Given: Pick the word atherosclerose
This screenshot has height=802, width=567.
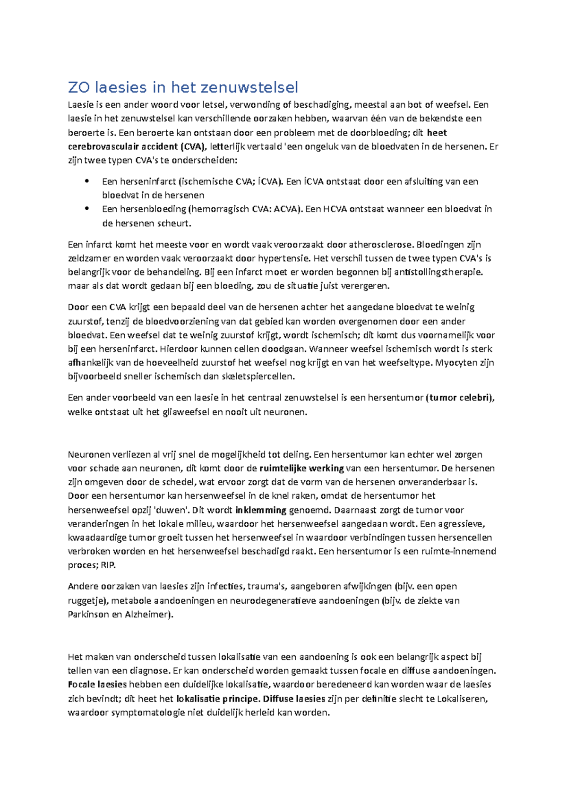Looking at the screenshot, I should tap(381, 245).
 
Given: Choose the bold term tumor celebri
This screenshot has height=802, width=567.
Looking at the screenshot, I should tap(460, 398).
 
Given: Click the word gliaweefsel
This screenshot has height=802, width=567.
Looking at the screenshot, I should tap(186, 412).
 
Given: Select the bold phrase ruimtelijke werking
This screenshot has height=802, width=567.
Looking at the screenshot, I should tap(301, 469).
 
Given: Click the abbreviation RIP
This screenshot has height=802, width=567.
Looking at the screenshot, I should tap(108, 565).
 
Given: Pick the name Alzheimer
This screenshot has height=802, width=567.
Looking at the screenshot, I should tap(146, 614).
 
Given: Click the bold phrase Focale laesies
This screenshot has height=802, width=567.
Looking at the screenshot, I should tap(97, 684).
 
